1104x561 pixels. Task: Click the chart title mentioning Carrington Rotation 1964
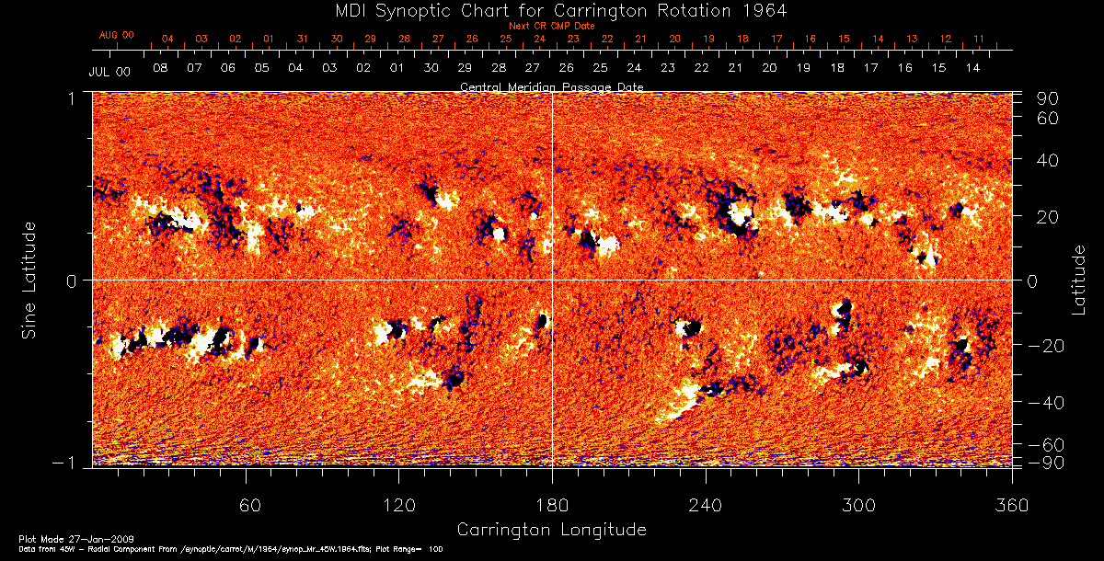(552, 10)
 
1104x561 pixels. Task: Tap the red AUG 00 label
(117, 35)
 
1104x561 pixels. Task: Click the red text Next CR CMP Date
(552, 26)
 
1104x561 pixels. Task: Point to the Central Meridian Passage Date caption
(552, 86)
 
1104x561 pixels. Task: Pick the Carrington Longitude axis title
(552, 530)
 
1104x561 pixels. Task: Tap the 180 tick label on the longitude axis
(552, 505)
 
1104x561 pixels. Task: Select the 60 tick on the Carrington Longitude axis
(246, 505)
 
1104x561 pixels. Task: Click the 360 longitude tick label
(1012, 505)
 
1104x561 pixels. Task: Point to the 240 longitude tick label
(706, 505)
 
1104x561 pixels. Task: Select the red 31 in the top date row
(303, 40)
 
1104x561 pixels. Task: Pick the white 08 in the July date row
(160, 69)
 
